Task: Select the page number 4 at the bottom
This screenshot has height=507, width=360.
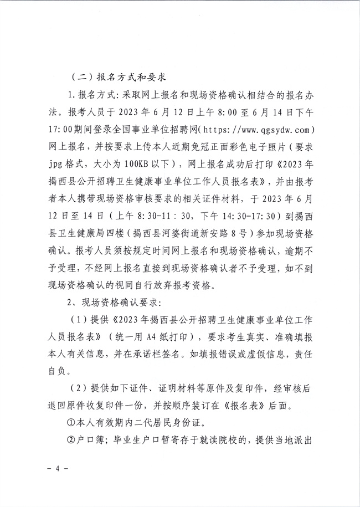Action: (57, 468)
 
